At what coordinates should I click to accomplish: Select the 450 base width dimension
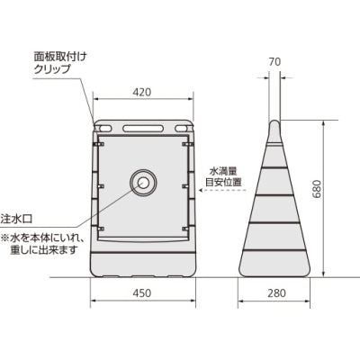click(x=143, y=292)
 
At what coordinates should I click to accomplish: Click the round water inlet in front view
click(x=143, y=183)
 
